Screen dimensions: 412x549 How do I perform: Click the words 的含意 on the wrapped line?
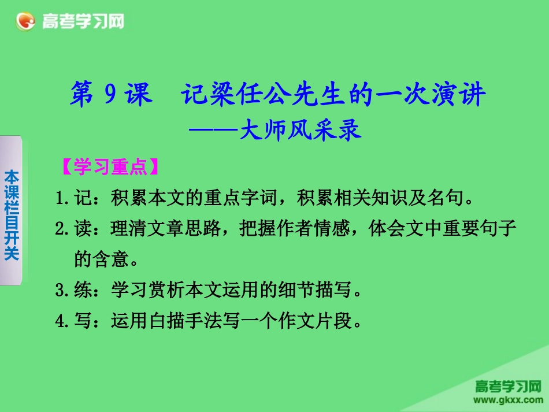[x=102, y=260]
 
